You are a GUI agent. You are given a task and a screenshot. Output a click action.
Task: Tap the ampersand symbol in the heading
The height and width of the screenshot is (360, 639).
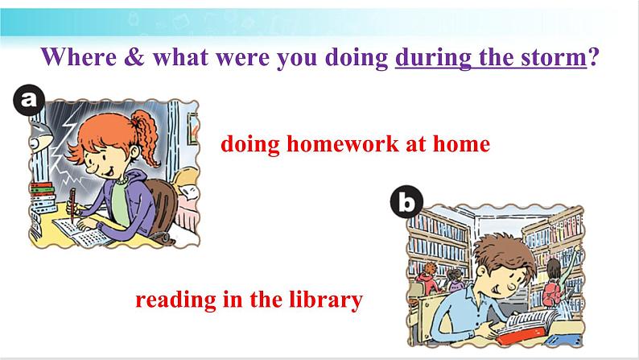pos(134,56)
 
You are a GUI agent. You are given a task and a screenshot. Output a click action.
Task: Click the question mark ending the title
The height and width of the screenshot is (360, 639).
pos(593,56)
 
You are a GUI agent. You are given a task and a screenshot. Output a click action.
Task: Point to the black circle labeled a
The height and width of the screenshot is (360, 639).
pos(28,100)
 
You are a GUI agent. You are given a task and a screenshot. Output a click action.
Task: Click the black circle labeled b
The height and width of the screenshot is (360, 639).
pos(406,201)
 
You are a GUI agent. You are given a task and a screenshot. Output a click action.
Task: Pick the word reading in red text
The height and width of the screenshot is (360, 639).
pos(175,300)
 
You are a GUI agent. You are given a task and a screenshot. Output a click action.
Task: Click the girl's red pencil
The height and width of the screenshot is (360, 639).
pos(72,205)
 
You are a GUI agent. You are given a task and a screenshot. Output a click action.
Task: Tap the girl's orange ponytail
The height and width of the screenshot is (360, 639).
pos(146,137)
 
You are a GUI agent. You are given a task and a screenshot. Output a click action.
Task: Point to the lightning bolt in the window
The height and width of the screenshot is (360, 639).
pos(68,151)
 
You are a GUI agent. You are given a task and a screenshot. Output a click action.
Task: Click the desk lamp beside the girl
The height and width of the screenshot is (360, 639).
pos(41,137)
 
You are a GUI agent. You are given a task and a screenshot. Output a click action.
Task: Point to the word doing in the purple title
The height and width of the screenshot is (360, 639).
pos(357,57)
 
